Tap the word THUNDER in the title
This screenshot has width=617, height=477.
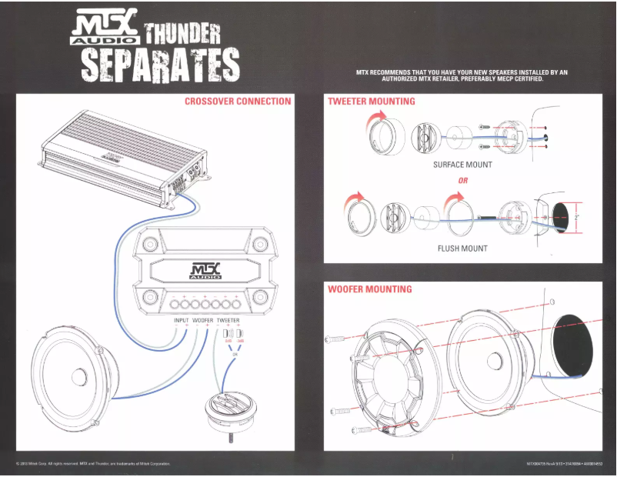pyautogui.click(x=182, y=33)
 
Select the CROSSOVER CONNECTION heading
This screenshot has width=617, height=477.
pyautogui.click(x=238, y=101)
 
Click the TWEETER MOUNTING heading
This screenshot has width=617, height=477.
pyautogui.click(x=371, y=101)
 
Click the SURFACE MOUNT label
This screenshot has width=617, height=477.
pyautogui.click(x=462, y=165)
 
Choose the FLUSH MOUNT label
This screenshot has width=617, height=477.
pyautogui.click(x=462, y=249)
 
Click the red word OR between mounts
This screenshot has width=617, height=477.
pyautogui.click(x=462, y=181)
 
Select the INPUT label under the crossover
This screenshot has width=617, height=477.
pyautogui.click(x=181, y=320)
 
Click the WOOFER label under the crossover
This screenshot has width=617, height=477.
pyautogui.click(x=203, y=320)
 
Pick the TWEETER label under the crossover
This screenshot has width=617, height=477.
pyautogui.click(x=228, y=320)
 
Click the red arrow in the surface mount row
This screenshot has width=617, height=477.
pyautogui.click(x=376, y=117)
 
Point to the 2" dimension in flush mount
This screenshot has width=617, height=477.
pyautogui.click(x=575, y=218)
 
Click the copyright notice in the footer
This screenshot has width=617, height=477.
pyautogui.click(x=92, y=464)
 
